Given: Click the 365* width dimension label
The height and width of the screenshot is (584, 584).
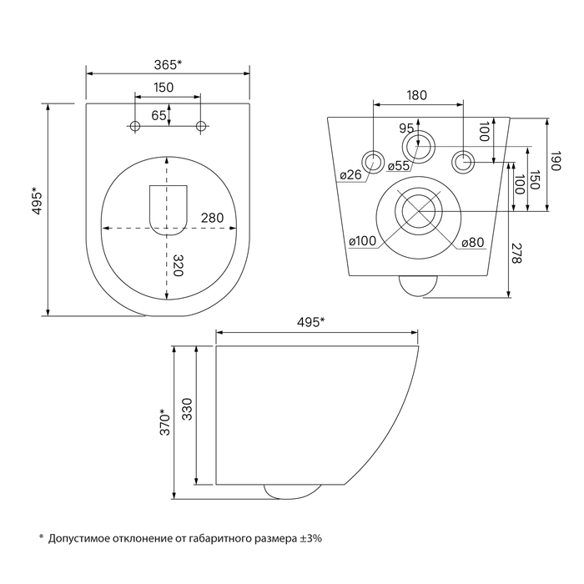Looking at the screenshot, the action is [x=168, y=65].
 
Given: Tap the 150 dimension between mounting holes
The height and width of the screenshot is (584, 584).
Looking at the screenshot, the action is [x=164, y=88].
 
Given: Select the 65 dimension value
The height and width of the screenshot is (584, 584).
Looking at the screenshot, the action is [x=159, y=115].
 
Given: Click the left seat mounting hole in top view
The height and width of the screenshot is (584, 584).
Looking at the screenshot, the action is [x=135, y=126].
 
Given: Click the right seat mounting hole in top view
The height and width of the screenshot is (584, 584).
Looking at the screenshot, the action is [x=201, y=126].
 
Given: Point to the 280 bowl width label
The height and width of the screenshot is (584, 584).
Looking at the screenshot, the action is [x=212, y=218].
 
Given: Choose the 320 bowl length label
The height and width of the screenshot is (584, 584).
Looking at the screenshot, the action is [x=179, y=265].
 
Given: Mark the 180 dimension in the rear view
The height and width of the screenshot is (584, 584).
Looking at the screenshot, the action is [x=416, y=95].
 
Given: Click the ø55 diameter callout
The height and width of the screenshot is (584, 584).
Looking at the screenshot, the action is [x=398, y=166].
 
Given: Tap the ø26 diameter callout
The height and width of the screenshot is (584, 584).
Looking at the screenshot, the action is [x=350, y=174].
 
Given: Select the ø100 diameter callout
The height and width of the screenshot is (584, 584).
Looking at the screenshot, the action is [x=362, y=241].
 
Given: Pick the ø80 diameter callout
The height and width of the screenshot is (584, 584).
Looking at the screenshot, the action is [x=473, y=243].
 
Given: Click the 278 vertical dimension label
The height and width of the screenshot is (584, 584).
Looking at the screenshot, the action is [x=517, y=254].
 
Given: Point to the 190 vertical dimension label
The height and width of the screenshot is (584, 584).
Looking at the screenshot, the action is [x=556, y=161].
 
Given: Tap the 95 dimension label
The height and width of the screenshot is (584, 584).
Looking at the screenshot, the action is [x=406, y=128].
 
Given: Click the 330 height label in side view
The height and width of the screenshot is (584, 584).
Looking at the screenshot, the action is [x=187, y=410].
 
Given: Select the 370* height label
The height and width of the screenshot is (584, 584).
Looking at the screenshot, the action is [x=164, y=422].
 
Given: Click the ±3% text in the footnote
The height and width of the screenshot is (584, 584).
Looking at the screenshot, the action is [x=311, y=538].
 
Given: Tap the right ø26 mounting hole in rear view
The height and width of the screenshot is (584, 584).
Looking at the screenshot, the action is [x=463, y=162].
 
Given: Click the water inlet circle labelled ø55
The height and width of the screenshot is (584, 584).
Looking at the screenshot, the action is [x=418, y=147].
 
